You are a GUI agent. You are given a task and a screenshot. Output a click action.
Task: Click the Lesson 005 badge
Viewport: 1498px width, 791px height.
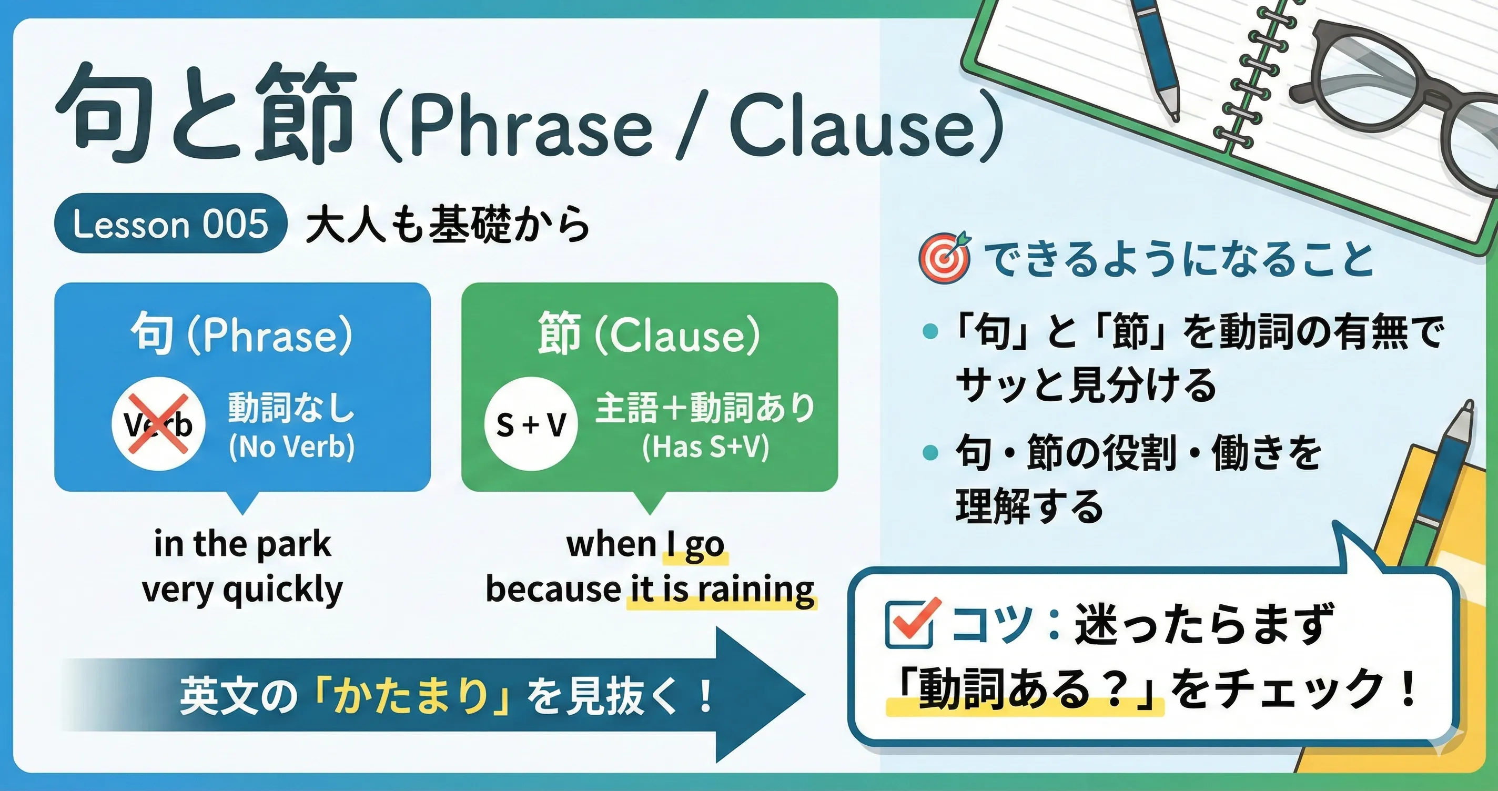(x=170, y=224)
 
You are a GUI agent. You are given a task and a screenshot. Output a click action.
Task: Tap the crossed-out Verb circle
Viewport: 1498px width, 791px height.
(x=158, y=423)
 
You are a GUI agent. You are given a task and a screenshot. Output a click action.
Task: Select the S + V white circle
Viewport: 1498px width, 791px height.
(x=530, y=423)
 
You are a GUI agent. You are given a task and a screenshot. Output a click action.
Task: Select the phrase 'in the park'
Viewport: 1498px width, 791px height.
(x=242, y=544)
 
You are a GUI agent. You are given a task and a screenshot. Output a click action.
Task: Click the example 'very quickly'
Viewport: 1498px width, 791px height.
(x=242, y=590)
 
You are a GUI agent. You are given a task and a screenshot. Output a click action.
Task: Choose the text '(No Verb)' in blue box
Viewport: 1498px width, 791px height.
(x=291, y=447)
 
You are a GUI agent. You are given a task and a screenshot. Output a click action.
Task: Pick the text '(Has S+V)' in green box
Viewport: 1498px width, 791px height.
(x=705, y=447)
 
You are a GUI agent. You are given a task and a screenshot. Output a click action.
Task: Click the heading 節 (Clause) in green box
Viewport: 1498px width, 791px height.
(x=649, y=334)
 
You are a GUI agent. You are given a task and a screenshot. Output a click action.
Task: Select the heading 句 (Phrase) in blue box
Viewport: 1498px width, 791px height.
(x=241, y=334)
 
